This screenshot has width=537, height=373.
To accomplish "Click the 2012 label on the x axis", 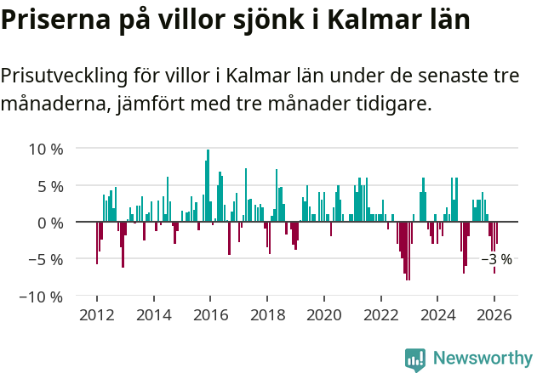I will [96, 314].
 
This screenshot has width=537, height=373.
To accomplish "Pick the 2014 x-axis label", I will [153, 314].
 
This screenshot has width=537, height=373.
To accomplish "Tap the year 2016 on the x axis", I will [210, 314].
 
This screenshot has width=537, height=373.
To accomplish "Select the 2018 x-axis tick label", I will [267, 314].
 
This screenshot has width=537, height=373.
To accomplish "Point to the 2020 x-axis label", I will [324, 314].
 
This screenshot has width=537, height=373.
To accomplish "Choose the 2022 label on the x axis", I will [381, 314].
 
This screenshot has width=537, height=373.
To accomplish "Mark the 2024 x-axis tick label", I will [438, 314].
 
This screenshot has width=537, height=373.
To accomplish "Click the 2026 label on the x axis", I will [495, 314].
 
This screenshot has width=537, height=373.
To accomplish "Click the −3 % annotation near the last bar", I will [497, 259].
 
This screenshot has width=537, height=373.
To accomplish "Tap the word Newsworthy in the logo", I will [482, 358].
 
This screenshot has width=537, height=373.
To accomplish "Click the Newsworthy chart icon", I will [415, 359].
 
